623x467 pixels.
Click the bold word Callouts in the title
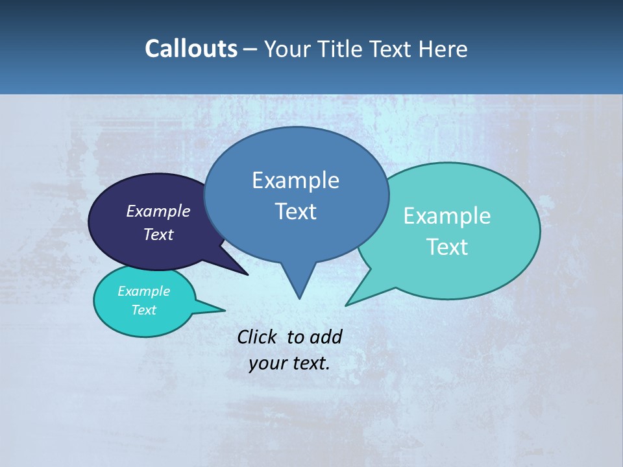click(x=191, y=49)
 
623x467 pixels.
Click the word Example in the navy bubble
click(x=158, y=211)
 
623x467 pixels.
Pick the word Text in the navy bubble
click(x=158, y=234)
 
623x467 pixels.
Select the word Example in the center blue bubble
click(x=295, y=180)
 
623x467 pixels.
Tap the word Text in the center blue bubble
click(x=295, y=211)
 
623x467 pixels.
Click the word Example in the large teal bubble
click(x=447, y=215)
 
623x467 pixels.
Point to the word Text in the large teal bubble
click(x=447, y=246)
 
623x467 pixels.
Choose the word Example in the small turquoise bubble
click(x=143, y=291)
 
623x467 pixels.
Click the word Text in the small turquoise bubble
click(x=143, y=310)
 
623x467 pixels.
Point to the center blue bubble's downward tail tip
click(x=299, y=296)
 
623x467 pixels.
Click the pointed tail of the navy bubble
click(x=245, y=273)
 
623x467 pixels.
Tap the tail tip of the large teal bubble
click(x=347, y=304)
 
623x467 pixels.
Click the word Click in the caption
click(x=256, y=337)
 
